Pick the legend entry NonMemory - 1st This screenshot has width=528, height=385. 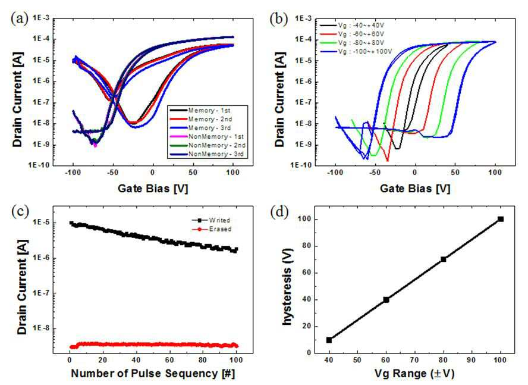tap(207, 136)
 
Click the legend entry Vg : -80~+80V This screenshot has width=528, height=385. tap(352, 43)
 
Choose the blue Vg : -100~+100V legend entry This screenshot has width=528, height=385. tap(356, 52)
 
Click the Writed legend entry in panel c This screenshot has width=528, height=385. tap(211, 220)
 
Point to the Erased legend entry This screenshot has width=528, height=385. tap(212, 229)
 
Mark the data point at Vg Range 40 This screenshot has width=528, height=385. tap(329, 340)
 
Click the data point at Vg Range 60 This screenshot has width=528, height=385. tap(386, 300)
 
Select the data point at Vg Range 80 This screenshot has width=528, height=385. tap(444, 259)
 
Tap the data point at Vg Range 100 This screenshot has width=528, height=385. tap(501, 219)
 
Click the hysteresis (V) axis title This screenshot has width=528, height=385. tap(287, 287)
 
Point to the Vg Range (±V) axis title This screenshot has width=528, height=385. tap(414, 374)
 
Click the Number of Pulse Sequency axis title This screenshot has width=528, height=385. tap(153, 374)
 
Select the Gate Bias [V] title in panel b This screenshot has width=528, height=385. tap(415, 188)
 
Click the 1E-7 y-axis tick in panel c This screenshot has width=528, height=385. tap(42, 293)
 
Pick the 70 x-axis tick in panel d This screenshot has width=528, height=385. tap(414, 360)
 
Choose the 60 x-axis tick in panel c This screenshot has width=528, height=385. tap(169, 360)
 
